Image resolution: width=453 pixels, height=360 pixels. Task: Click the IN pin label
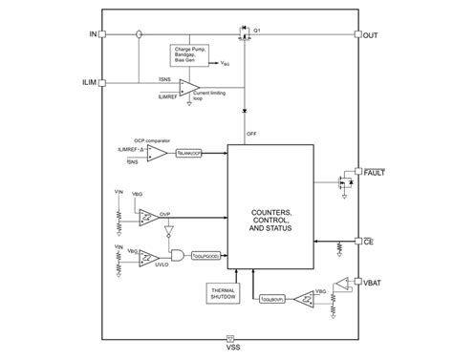[x=92, y=35]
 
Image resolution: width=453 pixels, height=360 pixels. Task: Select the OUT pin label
[x=371, y=35]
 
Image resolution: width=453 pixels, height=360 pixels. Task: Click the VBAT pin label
[x=373, y=284]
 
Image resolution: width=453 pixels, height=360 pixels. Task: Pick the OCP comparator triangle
[x=157, y=153]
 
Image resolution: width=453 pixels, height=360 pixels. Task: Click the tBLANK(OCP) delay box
[x=191, y=153]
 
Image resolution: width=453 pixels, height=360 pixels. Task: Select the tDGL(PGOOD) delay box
[x=206, y=255]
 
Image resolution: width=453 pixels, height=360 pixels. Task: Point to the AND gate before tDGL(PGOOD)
[x=178, y=255]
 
